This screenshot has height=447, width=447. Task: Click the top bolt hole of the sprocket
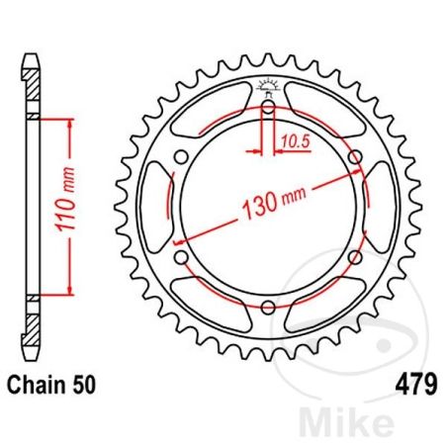point(267,110)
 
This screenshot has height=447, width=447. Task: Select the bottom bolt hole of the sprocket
point(267,308)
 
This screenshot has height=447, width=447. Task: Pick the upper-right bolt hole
point(353,159)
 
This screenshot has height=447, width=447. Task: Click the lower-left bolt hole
point(182,258)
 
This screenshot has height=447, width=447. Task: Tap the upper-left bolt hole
point(182,159)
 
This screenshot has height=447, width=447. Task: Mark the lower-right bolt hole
point(353,258)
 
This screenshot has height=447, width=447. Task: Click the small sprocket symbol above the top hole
point(267,85)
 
